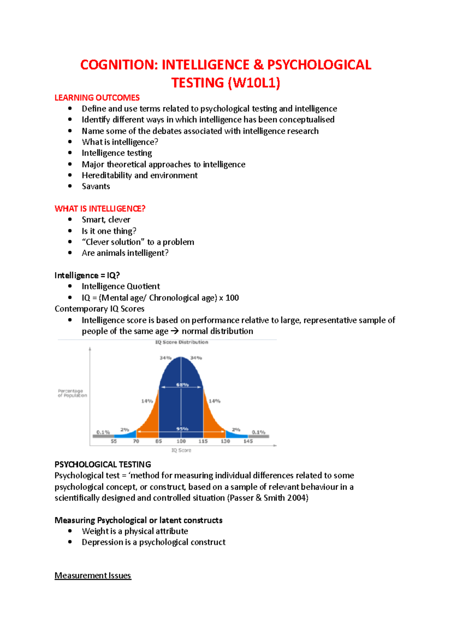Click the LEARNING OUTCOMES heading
[97, 98]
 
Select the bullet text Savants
[96, 186]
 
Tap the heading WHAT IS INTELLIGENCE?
[100, 208]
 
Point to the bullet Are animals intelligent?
[125, 253]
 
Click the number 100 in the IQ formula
[232, 298]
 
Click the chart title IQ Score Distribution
[182, 342]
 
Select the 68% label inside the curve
[182, 385]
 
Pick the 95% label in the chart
[182, 429]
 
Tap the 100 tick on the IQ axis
[181, 441]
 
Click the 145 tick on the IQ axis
[248, 441]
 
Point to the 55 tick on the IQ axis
[114, 441]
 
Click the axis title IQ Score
[181, 450]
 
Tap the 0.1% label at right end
[259, 432]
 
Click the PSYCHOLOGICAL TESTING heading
[103, 464]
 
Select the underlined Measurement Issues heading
[93, 575]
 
